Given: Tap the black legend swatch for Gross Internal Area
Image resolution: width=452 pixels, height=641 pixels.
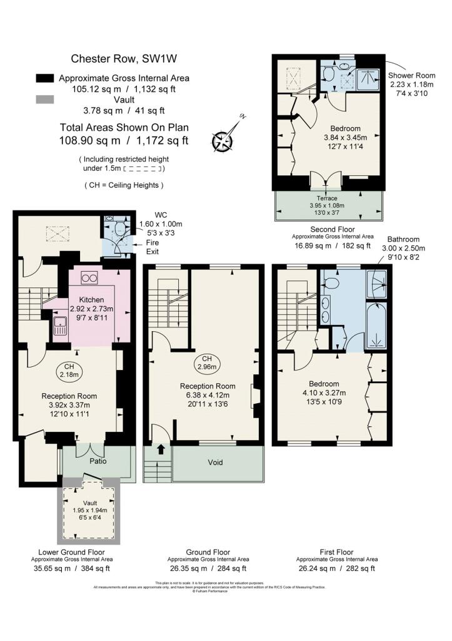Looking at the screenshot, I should click(x=45, y=78).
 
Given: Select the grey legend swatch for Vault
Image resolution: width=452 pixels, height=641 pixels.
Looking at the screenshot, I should click(x=45, y=100).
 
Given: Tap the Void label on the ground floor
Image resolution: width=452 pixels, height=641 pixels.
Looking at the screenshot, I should click(x=217, y=463).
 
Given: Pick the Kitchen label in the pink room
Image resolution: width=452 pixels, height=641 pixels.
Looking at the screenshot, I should click(x=91, y=300).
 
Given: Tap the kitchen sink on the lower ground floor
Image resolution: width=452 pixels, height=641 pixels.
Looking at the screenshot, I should click(x=60, y=325).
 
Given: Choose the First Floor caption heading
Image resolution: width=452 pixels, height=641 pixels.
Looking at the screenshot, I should click(x=334, y=552).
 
